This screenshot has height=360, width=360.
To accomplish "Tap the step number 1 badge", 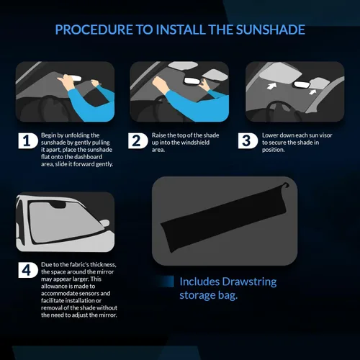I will (x=27, y=140).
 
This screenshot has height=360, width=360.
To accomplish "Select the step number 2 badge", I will (x=138, y=140).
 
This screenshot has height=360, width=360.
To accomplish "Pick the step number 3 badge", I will (x=247, y=140).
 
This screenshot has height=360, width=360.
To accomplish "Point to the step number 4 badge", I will (x=27, y=271).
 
